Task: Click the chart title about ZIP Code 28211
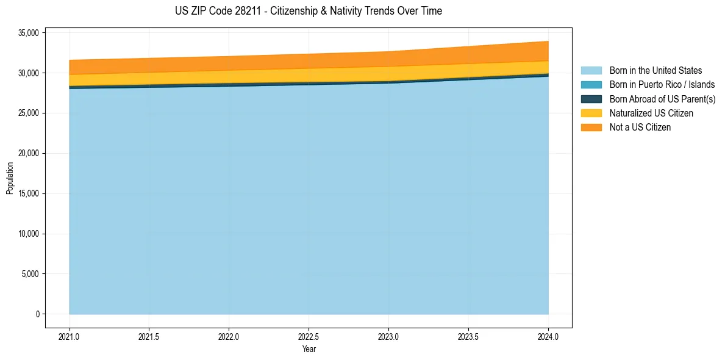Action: (309, 11)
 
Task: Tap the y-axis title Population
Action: (10, 178)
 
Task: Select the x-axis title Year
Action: (309, 350)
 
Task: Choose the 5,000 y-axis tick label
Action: (28, 274)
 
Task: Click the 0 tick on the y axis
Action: (37, 314)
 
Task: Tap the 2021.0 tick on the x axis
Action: (69, 336)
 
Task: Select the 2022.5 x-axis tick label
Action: (309, 336)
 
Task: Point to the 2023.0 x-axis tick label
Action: (388, 336)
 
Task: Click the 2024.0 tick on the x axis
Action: (548, 336)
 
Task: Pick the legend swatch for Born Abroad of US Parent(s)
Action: (591, 99)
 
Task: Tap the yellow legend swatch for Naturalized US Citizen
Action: (591, 113)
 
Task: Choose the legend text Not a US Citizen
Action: (640, 128)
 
